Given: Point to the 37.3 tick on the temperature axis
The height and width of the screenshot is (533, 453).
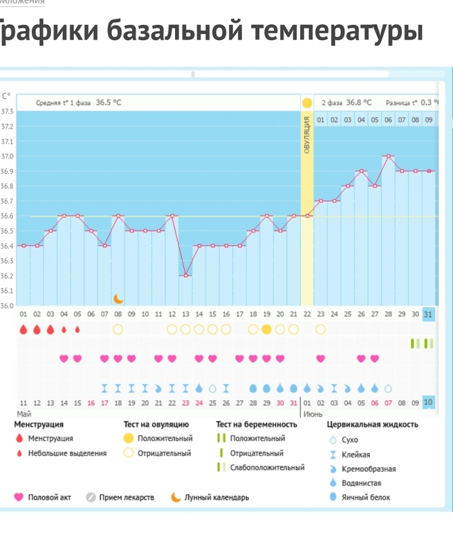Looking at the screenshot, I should point(7,111).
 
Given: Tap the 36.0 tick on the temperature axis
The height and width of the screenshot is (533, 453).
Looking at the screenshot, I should point(7,305).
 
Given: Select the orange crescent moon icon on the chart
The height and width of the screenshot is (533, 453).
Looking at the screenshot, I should point(118,299).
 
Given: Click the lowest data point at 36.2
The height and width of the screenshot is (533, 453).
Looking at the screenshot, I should point(185,275).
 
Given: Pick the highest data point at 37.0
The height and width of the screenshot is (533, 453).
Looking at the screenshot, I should point(389,156).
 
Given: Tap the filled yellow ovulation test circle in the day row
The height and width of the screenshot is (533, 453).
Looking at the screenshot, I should point(266,329).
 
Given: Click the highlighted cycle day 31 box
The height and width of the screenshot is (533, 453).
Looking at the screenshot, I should point(429,314).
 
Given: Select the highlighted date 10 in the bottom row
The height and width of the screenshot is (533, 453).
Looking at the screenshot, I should point(429,403).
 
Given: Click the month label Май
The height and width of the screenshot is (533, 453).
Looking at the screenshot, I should point(24,414).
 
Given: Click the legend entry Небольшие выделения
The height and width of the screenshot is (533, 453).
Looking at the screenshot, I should point(67,453).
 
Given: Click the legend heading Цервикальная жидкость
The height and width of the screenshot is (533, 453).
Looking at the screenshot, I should point(372,424).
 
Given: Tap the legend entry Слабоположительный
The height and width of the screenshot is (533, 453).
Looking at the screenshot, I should point(267,467).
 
